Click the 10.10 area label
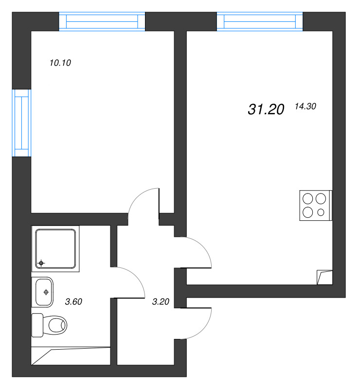61,62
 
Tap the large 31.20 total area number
266,110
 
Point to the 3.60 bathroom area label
73,301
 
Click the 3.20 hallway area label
161,301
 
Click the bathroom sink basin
43,292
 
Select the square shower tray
55,248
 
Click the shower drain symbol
41,263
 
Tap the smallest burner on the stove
321,212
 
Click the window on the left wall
21,123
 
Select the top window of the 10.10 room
102,22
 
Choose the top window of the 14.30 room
260,22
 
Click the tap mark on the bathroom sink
46,292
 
